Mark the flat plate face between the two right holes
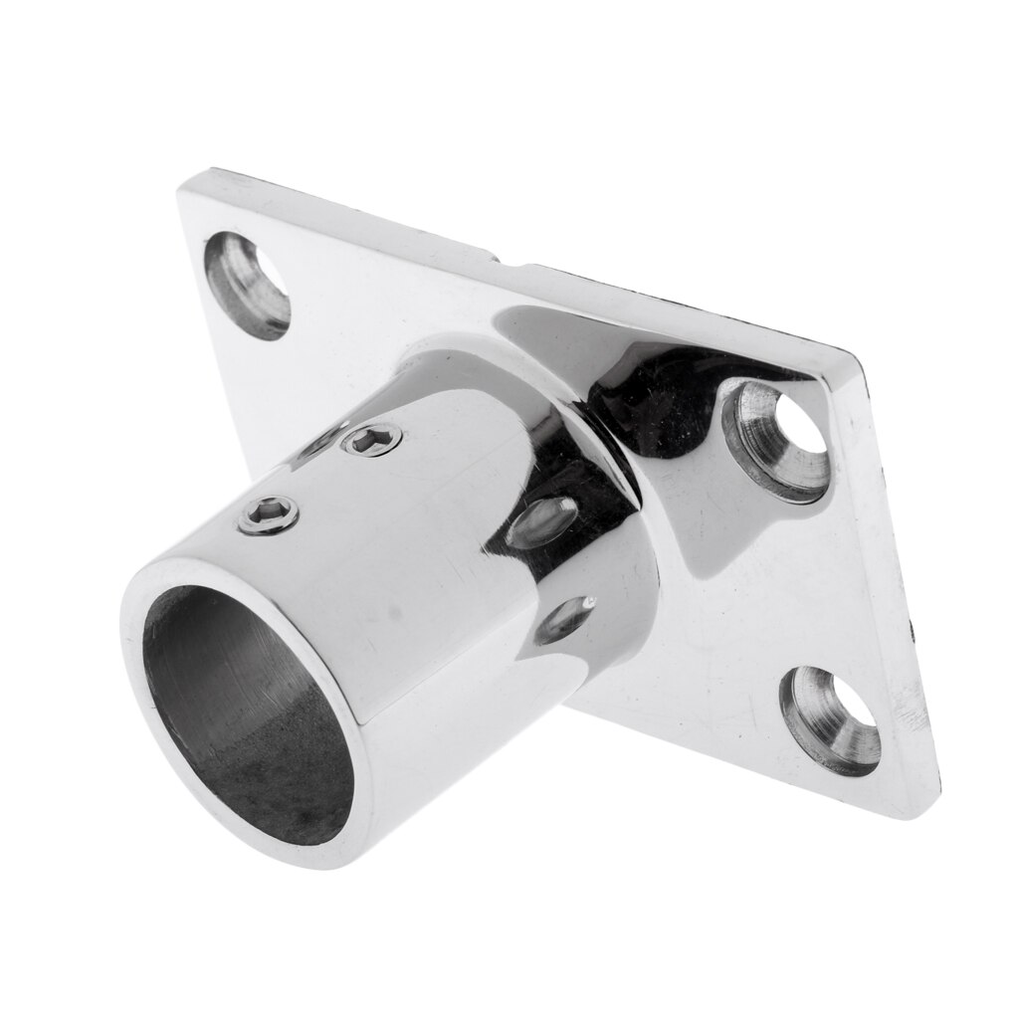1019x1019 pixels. (786, 577)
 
